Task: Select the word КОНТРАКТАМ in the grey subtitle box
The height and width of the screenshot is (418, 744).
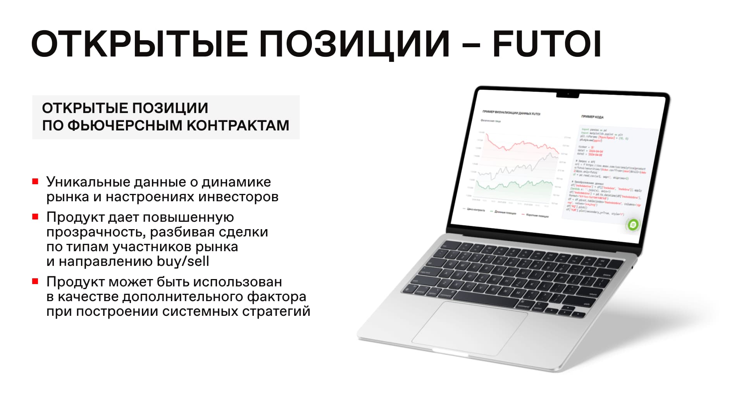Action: click(238, 125)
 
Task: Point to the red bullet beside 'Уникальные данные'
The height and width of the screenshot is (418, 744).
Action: click(35, 181)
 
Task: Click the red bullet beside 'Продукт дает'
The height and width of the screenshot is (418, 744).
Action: click(35, 217)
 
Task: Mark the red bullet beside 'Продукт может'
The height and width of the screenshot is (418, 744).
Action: click(35, 281)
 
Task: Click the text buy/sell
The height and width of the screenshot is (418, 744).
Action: click(183, 261)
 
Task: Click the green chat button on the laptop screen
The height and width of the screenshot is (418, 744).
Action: click(633, 224)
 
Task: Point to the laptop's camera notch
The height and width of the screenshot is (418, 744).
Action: click(568, 95)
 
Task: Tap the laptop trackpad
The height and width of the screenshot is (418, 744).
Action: click(470, 328)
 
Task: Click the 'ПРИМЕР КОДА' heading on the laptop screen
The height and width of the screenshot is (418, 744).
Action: click(592, 117)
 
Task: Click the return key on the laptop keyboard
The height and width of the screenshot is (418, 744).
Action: click(592, 294)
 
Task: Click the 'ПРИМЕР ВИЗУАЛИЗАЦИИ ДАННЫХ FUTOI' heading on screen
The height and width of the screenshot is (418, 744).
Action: click(511, 113)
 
